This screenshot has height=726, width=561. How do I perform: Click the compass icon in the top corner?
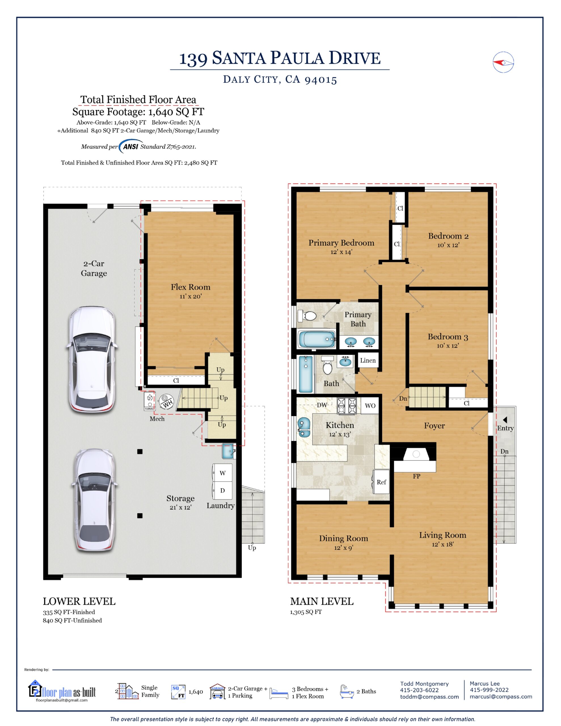pyautogui.click(x=503, y=62)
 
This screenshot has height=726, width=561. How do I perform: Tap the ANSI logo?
pyautogui.click(x=131, y=146)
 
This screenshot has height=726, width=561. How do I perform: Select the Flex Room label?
pyautogui.click(x=191, y=287)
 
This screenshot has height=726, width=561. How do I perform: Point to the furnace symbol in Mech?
pyautogui.click(x=150, y=401)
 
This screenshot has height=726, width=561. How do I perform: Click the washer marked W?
pyautogui.click(x=222, y=473)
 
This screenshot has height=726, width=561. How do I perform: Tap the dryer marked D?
pyautogui.click(x=222, y=490)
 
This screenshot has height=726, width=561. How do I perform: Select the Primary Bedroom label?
pyautogui.click(x=341, y=243)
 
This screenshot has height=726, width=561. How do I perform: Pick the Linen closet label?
pyautogui.click(x=368, y=360)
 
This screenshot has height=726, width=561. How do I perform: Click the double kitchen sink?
pyautogui.click(x=303, y=427)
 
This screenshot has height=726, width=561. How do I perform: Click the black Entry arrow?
pyautogui.click(x=505, y=420)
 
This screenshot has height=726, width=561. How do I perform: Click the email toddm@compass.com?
pyautogui.click(x=429, y=697)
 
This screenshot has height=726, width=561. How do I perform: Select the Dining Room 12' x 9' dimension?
pyautogui.click(x=343, y=548)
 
